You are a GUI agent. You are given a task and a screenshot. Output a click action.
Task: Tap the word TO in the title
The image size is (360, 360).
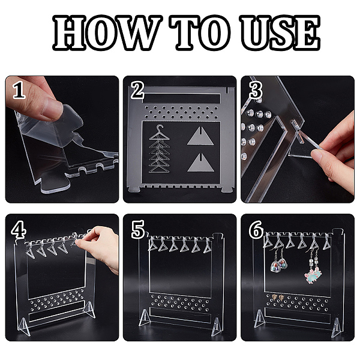click(199, 32)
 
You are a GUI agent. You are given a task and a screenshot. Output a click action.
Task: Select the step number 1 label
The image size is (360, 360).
click(19, 90)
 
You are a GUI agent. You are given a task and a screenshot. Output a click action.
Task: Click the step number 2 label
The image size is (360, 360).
click(137, 90)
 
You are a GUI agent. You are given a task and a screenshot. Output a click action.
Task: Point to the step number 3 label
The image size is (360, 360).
click(256, 90)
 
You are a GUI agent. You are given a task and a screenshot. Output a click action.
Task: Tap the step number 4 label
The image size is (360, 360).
click(19, 229)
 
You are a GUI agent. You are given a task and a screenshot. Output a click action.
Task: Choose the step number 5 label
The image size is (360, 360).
click(138, 229)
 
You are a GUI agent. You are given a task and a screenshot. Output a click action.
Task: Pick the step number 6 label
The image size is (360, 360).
click(256, 229)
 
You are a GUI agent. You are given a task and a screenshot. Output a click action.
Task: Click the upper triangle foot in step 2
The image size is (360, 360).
click(200, 136)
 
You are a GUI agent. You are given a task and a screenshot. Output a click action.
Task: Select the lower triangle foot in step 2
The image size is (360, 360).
click(200, 163)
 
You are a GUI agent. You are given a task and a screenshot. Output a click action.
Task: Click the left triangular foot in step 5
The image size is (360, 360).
click(145, 317)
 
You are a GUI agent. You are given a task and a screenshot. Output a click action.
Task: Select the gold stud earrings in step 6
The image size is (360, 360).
click(278, 298)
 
